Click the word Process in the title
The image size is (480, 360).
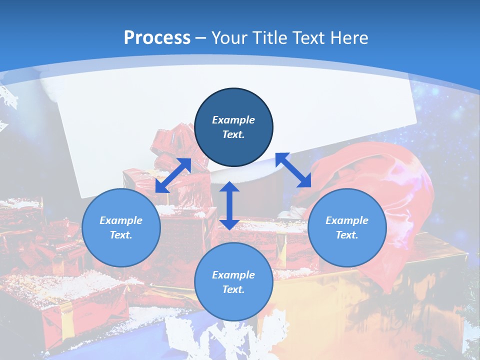click(x=157, y=38)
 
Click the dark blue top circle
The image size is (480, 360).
click(x=233, y=127)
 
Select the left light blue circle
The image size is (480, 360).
click(x=121, y=227)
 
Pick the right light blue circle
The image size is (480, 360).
click(x=347, y=227)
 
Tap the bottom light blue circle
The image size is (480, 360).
click(x=233, y=282)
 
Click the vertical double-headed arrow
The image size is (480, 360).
click(x=229, y=205)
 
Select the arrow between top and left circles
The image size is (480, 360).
click(x=173, y=175)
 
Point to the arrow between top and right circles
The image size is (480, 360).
click(x=293, y=170)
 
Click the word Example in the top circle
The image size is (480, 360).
click(x=233, y=120)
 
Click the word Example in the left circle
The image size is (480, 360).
click(x=121, y=220)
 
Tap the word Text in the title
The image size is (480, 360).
click(x=308, y=38)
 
